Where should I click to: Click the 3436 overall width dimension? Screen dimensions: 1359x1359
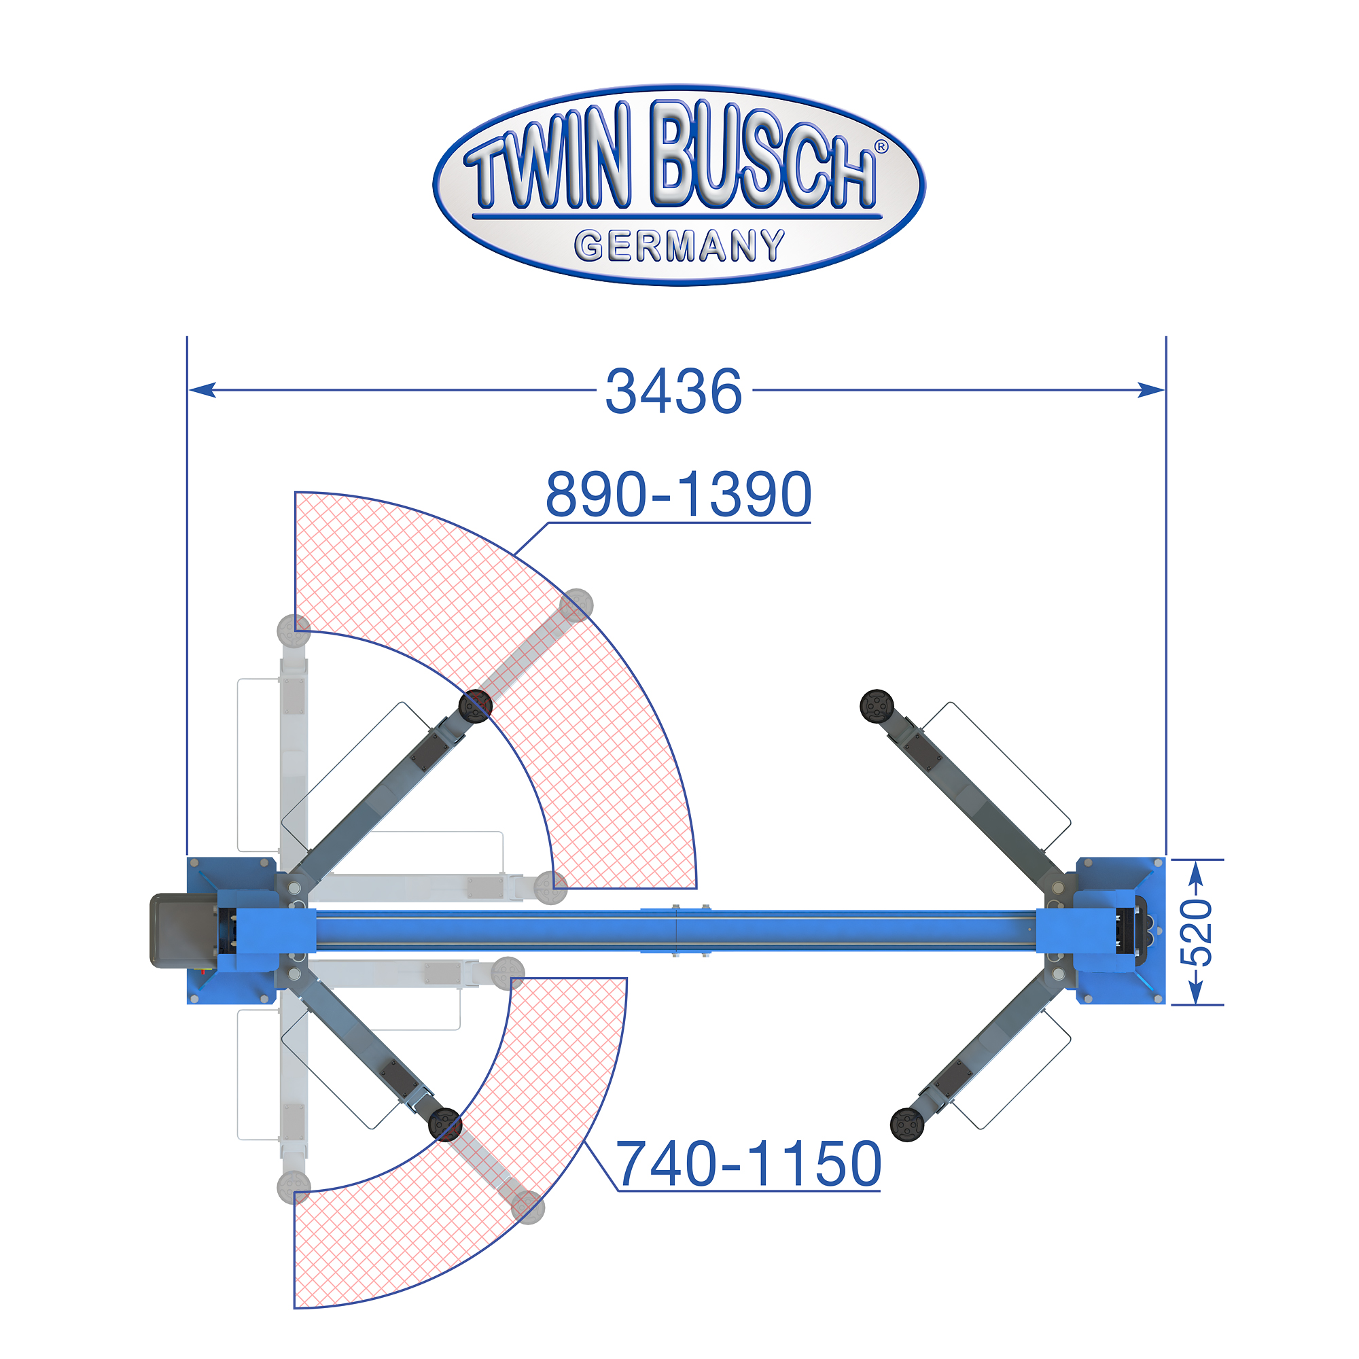pyautogui.click(x=673, y=391)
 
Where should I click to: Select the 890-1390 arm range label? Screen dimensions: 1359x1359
pyautogui.click(x=679, y=495)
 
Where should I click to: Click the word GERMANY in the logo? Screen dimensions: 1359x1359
pyautogui.click(x=679, y=246)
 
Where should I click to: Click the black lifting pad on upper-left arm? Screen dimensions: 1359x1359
pyautogui.click(x=475, y=705)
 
